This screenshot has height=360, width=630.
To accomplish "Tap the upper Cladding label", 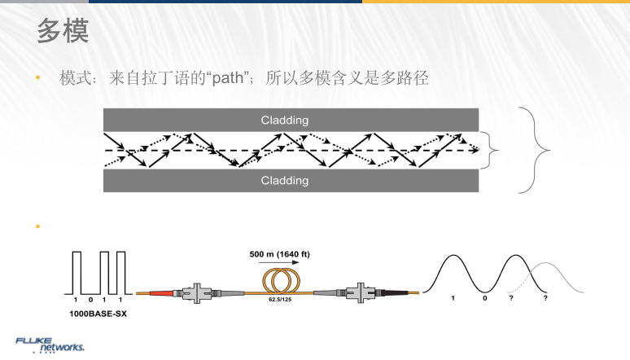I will tap(284, 120).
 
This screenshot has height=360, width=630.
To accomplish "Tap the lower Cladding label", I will tap(284, 180).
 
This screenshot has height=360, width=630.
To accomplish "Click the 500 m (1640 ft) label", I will tap(279, 254).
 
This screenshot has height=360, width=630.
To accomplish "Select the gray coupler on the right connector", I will tap(360, 290).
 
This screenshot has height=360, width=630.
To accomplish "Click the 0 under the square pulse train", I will tap(90, 300).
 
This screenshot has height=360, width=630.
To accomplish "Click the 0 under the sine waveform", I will tap(485, 299).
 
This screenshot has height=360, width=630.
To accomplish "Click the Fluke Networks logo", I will tap(50, 344).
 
